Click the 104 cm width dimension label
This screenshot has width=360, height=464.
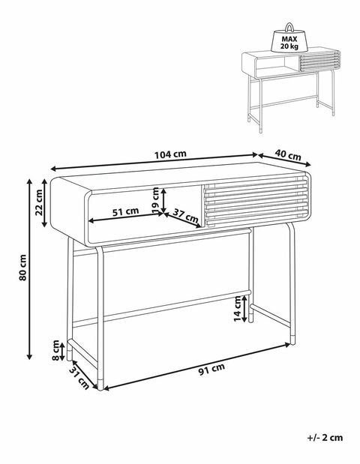170,154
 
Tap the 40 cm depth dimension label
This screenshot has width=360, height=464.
287,154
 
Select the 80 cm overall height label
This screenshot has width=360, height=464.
23,268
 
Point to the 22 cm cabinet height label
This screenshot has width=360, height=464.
38,202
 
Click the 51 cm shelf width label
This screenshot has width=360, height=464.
125,211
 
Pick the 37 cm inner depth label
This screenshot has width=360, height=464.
185,215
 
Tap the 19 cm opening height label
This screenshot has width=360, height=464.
155,200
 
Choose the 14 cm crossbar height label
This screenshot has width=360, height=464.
238,309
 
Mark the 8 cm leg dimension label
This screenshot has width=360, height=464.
55,350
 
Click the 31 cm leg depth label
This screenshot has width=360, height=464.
79,377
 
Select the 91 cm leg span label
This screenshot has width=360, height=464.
211,369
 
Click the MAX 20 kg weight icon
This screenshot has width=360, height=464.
289,38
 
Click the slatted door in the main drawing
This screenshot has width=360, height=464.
255,202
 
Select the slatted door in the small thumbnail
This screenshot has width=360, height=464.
319,61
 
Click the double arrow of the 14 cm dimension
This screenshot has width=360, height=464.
244,309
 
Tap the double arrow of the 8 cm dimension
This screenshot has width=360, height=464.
62,352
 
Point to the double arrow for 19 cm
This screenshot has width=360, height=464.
163,201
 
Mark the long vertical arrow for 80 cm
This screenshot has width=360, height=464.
29,268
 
